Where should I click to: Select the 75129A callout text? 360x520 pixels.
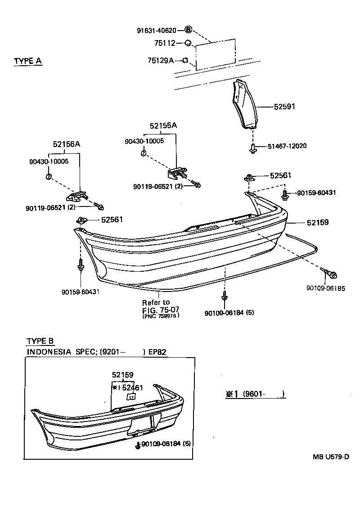[x=161, y=60]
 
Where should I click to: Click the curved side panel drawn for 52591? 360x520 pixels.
[x=244, y=103]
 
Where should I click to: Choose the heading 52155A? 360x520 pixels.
[x=163, y=126]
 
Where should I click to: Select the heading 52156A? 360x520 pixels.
[x=67, y=144]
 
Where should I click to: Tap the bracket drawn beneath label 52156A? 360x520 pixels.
[x=76, y=196]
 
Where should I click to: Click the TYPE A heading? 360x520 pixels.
[x=28, y=61]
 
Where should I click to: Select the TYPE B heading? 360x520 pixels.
[x=40, y=341]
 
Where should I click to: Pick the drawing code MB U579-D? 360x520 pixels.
[x=331, y=457]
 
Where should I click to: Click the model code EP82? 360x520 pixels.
[x=157, y=352]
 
